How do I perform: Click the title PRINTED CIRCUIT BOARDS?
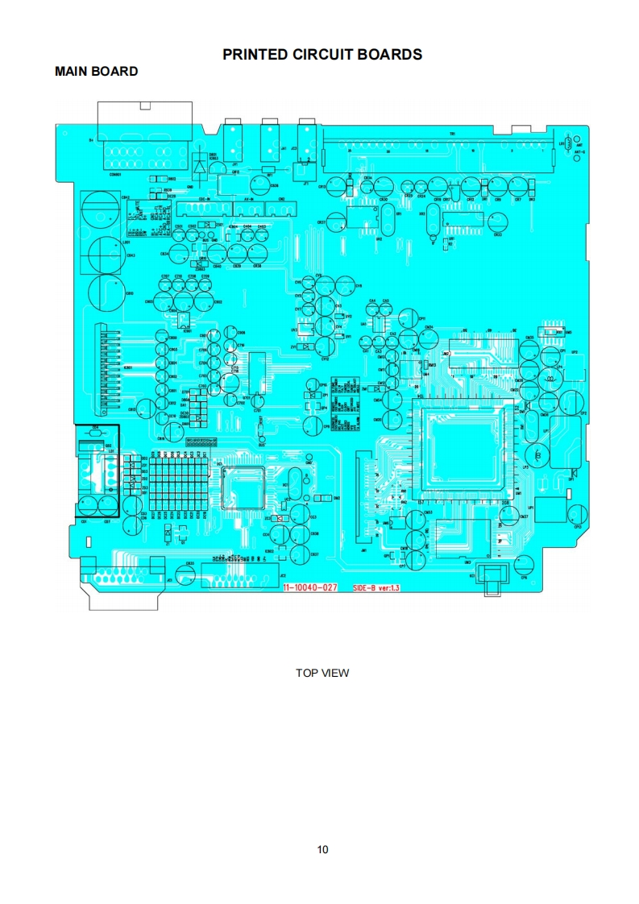[322, 55]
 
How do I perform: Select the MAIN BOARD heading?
[96, 72]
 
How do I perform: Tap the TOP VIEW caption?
[322, 673]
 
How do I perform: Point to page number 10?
[322, 849]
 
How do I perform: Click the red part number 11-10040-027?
[310, 588]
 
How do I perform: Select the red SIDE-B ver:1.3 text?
[376, 588]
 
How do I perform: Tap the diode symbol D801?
[199, 168]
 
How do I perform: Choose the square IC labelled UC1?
[243, 487]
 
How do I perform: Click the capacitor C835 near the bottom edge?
[185, 574]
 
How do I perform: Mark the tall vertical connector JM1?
[361, 500]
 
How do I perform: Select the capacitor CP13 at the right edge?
[577, 513]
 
